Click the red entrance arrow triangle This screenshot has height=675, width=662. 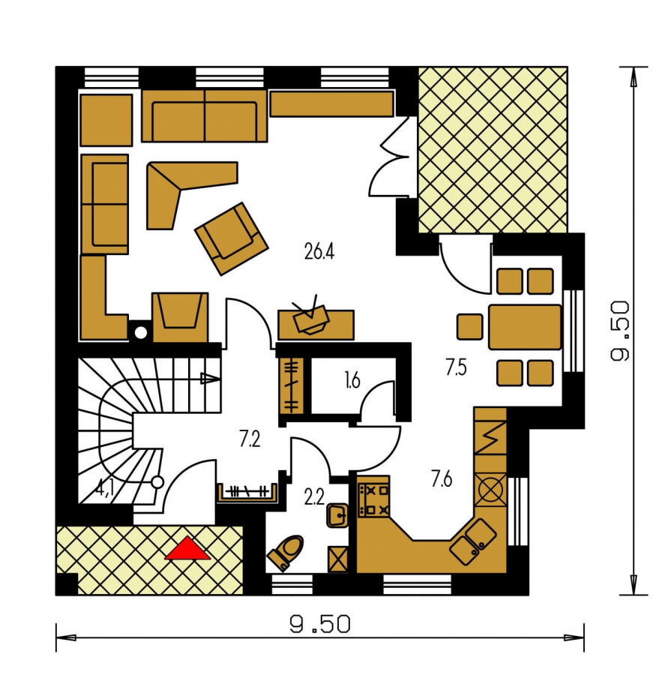pyautogui.click(x=187, y=549)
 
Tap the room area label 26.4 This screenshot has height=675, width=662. pyautogui.click(x=319, y=252)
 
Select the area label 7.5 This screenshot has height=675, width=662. pyautogui.click(x=457, y=368)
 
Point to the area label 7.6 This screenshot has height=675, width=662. pyautogui.click(x=442, y=478)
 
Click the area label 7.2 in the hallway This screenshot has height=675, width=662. pyautogui.click(x=250, y=439)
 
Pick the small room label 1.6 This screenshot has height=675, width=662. pyautogui.click(x=352, y=380)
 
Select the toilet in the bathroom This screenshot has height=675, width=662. pyautogui.click(x=286, y=552)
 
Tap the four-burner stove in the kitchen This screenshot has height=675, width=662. pyautogui.click(x=373, y=499)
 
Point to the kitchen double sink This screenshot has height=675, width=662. pyautogui.click(x=474, y=541)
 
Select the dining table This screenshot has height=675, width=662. pyautogui.click(x=525, y=327)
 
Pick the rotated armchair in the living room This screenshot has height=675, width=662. pyautogui.click(x=232, y=238)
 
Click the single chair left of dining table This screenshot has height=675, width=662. pyautogui.click(x=470, y=327)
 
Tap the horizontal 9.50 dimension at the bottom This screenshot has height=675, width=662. pyautogui.click(x=319, y=624)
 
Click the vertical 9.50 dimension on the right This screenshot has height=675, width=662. pyautogui.click(x=620, y=331)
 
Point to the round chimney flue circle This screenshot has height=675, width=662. pyautogui.click(x=141, y=333)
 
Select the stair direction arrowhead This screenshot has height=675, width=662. pyautogui.click(x=210, y=379)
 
